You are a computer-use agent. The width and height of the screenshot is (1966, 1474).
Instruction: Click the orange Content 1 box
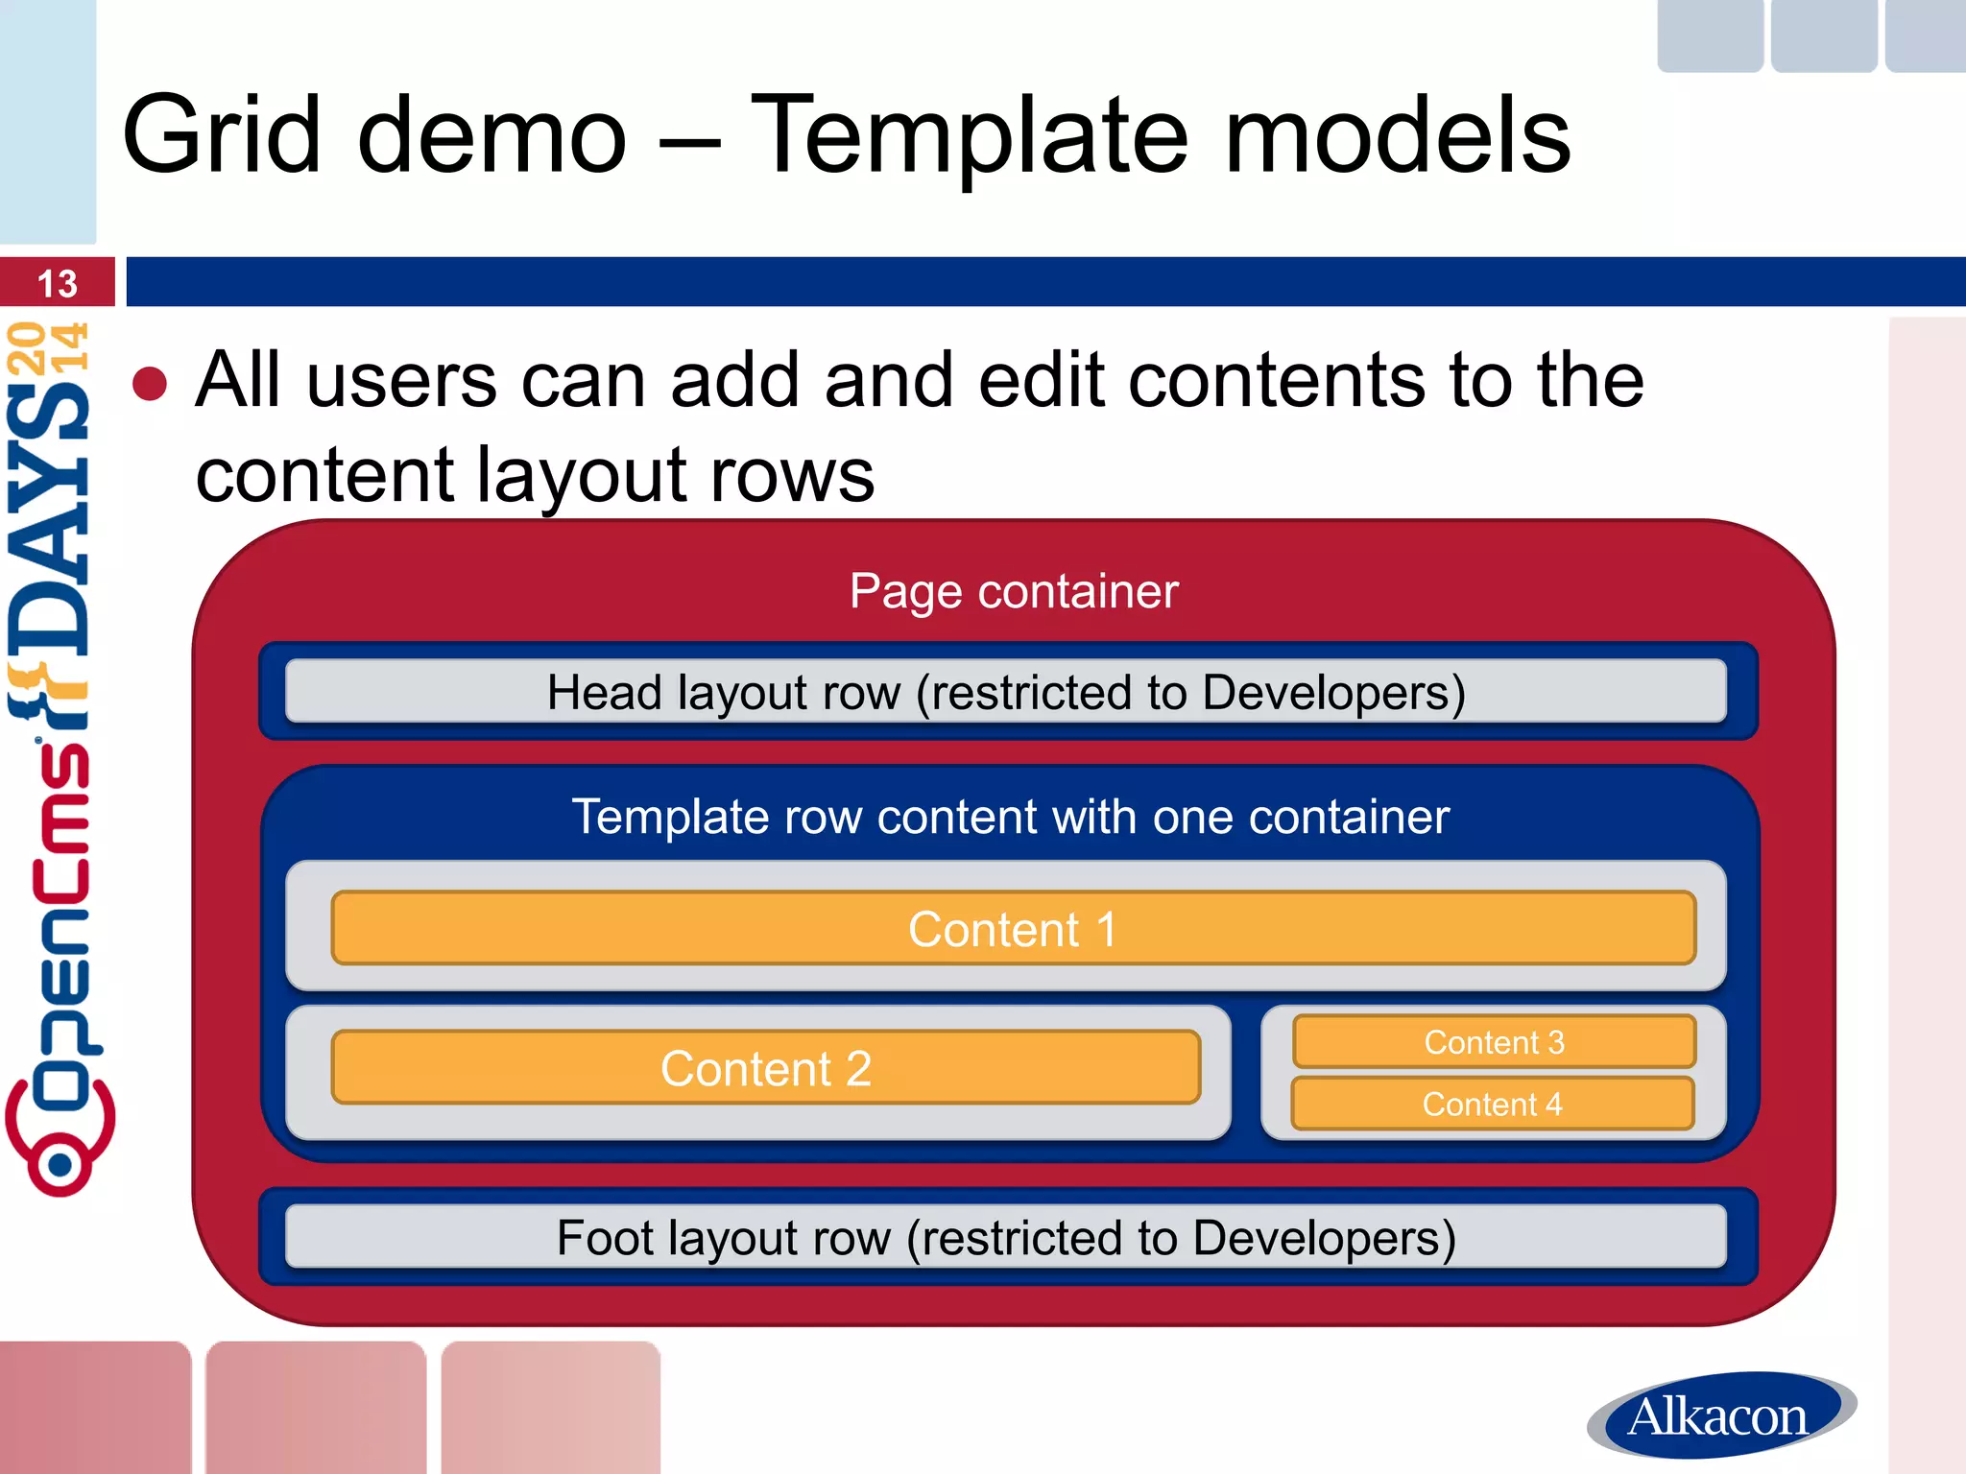pos(1013,928)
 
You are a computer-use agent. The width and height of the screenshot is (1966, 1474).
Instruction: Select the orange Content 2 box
pos(765,1067)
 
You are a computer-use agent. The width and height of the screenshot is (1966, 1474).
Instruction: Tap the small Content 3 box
pos(1494,1041)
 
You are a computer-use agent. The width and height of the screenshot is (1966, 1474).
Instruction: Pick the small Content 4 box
pos(1492,1104)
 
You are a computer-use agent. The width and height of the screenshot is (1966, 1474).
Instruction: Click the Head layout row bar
pos(1005,692)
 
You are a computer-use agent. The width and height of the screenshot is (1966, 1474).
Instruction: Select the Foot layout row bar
pos(1005,1237)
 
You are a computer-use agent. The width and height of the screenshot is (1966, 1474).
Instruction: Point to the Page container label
pos(1013,591)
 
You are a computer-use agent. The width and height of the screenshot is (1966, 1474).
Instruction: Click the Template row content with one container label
pos(1010,817)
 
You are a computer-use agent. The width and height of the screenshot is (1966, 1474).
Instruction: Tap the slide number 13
pos(57,284)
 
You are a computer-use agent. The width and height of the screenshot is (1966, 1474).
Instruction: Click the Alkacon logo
pos(1719,1415)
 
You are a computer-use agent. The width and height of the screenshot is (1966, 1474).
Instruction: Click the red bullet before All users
pos(150,383)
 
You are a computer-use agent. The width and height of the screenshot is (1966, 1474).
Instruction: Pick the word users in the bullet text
pos(402,381)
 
